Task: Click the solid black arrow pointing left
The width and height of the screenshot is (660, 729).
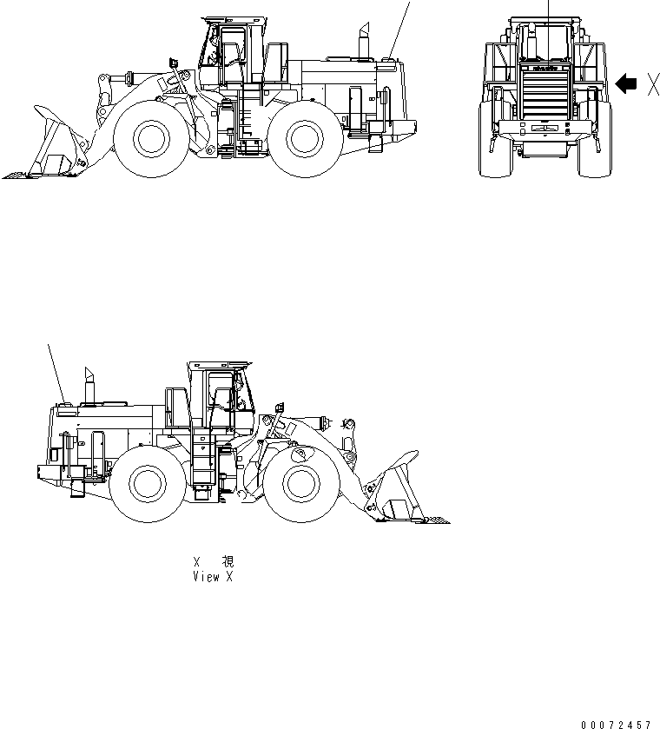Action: pos(625,83)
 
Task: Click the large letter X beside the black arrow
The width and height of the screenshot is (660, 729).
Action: pos(652,83)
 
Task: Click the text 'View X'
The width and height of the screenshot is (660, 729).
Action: pos(213,576)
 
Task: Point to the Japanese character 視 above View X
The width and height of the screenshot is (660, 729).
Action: pos(227,562)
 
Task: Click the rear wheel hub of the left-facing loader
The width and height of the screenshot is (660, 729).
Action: pos(303,137)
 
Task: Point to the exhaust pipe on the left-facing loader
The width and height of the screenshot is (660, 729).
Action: pos(363,43)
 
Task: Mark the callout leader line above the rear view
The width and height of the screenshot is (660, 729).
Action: pos(549,10)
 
